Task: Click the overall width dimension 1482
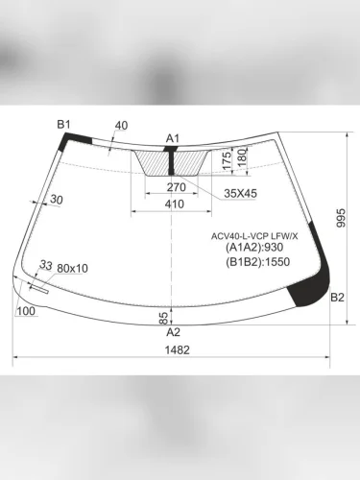coord(174,350)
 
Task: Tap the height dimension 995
coord(341,219)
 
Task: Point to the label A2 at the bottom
coord(174,332)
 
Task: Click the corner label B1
coord(64,124)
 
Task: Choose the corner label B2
coord(337,299)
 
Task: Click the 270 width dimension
coord(177,188)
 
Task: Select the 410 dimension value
coord(174,204)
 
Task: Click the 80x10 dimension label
coord(72,268)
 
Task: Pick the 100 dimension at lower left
coord(26,310)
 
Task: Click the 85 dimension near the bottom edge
coord(164,316)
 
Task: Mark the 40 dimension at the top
coord(121,126)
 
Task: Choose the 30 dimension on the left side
coord(56,200)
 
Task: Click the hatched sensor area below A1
coord(173,163)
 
